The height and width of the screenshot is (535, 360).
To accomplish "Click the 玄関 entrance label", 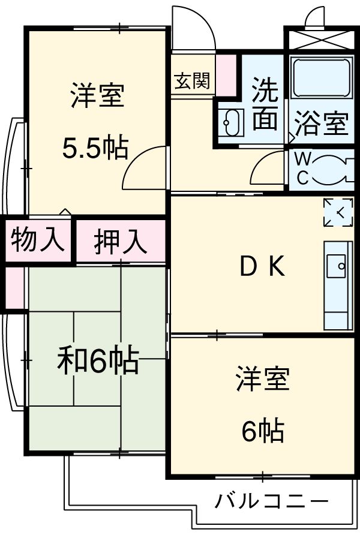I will [x=192, y=81].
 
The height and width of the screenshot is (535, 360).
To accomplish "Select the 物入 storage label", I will [x=37, y=240].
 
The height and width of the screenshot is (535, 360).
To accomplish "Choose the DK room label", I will [x=262, y=267].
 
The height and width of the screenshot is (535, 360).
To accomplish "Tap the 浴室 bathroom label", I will [x=321, y=123].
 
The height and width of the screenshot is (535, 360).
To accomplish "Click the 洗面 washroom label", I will [x=264, y=105].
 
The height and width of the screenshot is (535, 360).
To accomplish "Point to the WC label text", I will [x=303, y=169].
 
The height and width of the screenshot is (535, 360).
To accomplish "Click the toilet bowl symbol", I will [x=332, y=169].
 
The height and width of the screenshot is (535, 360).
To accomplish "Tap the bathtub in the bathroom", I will [x=320, y=78].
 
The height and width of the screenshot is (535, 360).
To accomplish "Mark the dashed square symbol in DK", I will [x=338, y=212].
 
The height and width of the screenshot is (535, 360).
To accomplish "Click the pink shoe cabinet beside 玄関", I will [x=226, y=74].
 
